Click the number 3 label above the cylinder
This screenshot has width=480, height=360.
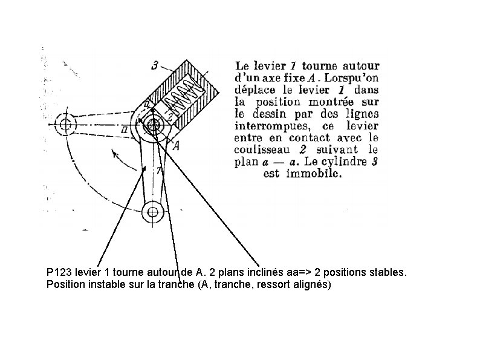point(155,65)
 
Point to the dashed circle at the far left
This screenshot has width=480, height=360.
point(65,125)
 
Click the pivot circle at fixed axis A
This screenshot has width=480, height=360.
point(152,126)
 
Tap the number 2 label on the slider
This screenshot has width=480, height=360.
point(171,113)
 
